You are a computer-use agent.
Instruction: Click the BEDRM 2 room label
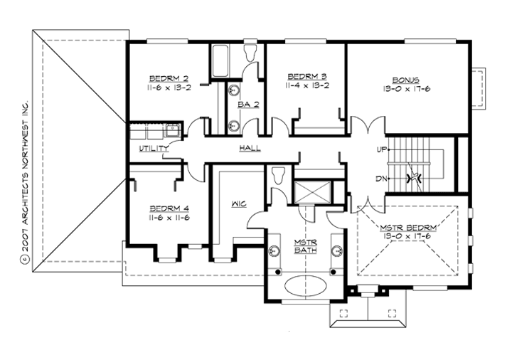168,78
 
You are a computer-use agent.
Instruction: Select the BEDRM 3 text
306,76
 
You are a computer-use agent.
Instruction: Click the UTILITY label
154,148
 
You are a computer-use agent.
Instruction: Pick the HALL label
249,148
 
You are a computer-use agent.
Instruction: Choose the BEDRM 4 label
168,208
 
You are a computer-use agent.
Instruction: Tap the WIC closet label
238,204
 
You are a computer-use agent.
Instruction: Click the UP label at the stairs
380,150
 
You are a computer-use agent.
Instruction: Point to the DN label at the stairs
380,178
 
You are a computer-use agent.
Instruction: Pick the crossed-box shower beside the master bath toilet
312,190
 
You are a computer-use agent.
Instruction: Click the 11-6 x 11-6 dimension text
168,218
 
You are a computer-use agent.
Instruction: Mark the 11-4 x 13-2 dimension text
306,85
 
